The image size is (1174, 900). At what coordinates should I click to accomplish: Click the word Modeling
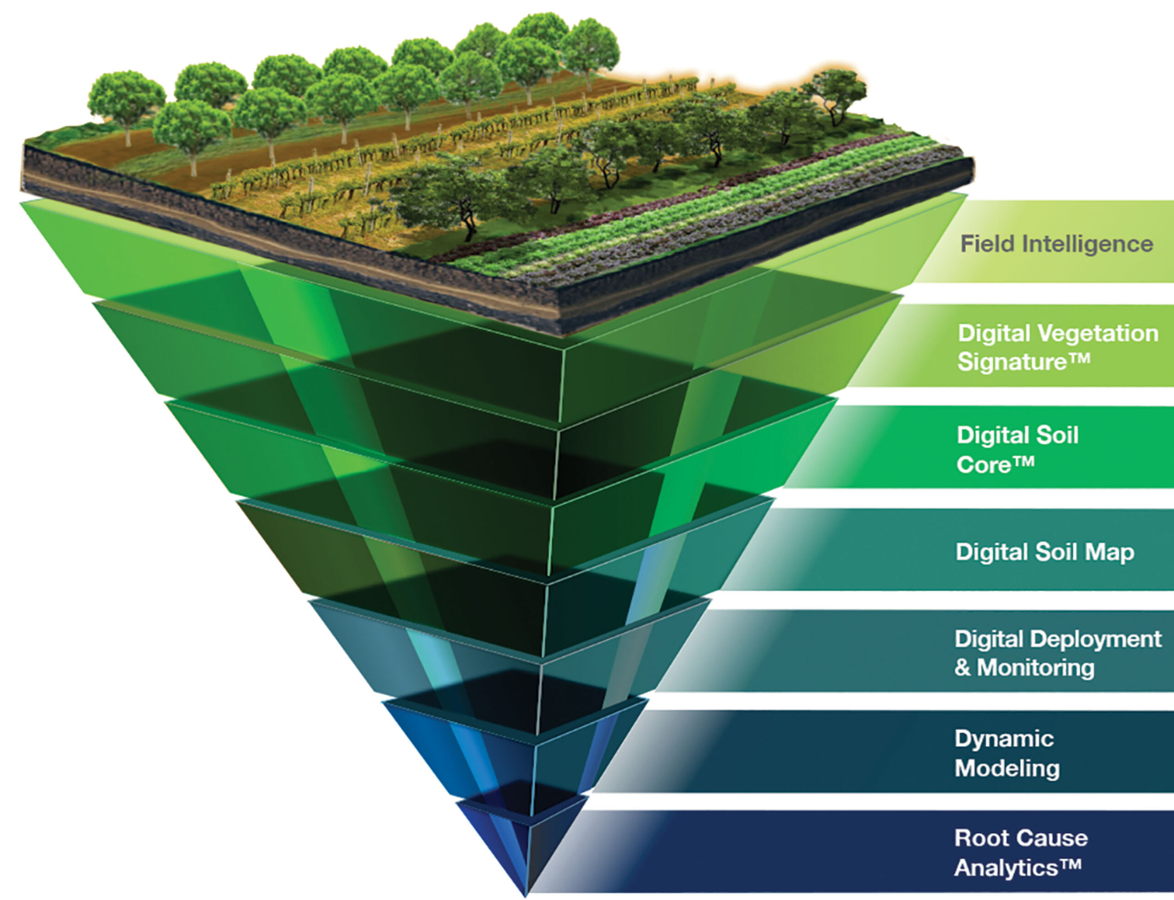[1007, 769]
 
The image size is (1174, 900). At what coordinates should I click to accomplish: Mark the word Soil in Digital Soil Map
[1049, 552]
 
